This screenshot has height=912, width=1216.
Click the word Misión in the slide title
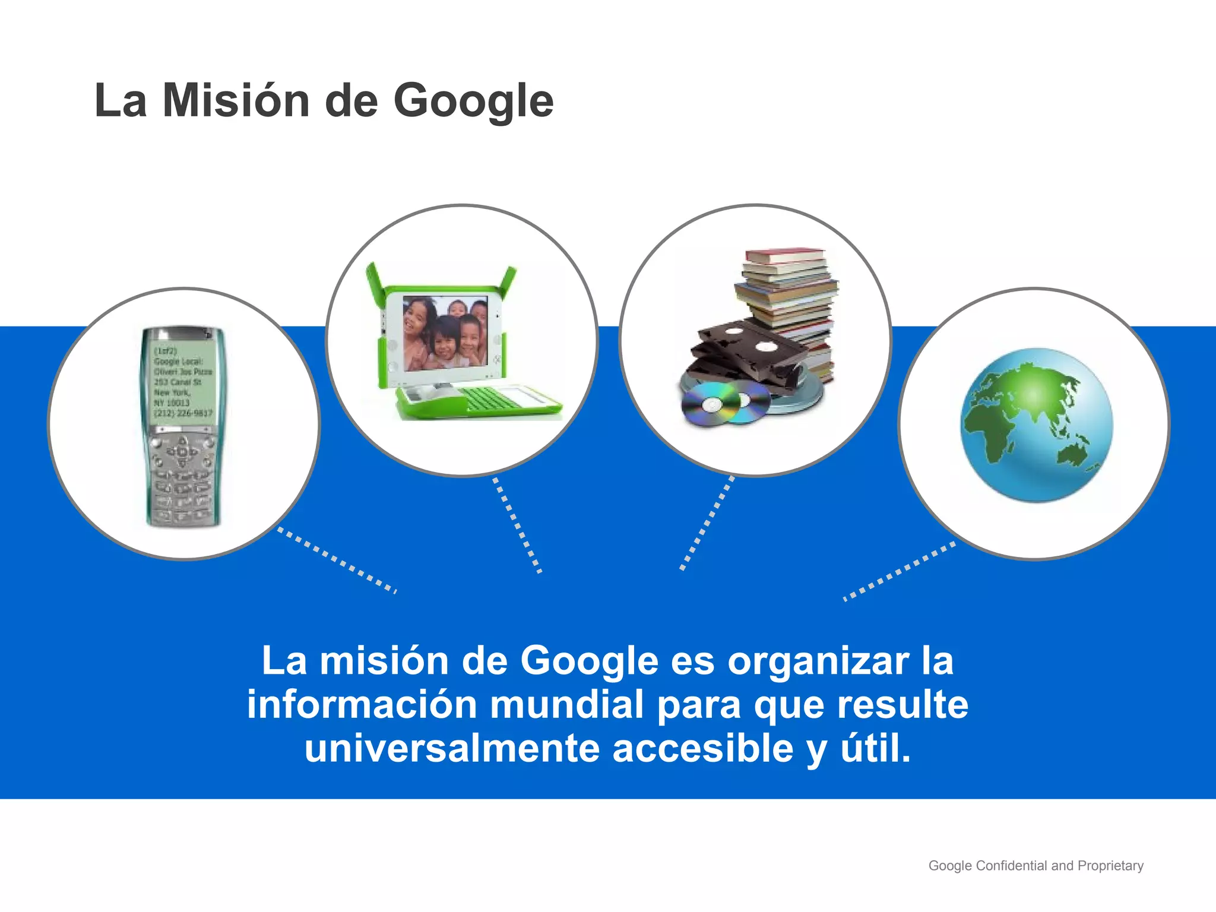point(236,101)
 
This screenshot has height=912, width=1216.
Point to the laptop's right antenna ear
point(508,282)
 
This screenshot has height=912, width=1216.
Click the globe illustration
point(1036,425)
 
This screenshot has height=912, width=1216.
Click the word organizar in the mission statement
point(818,661)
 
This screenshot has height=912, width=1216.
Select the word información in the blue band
point(362,705)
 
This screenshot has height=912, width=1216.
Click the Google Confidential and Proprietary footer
point(1035,866)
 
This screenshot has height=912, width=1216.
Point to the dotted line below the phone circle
point(337,560)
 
